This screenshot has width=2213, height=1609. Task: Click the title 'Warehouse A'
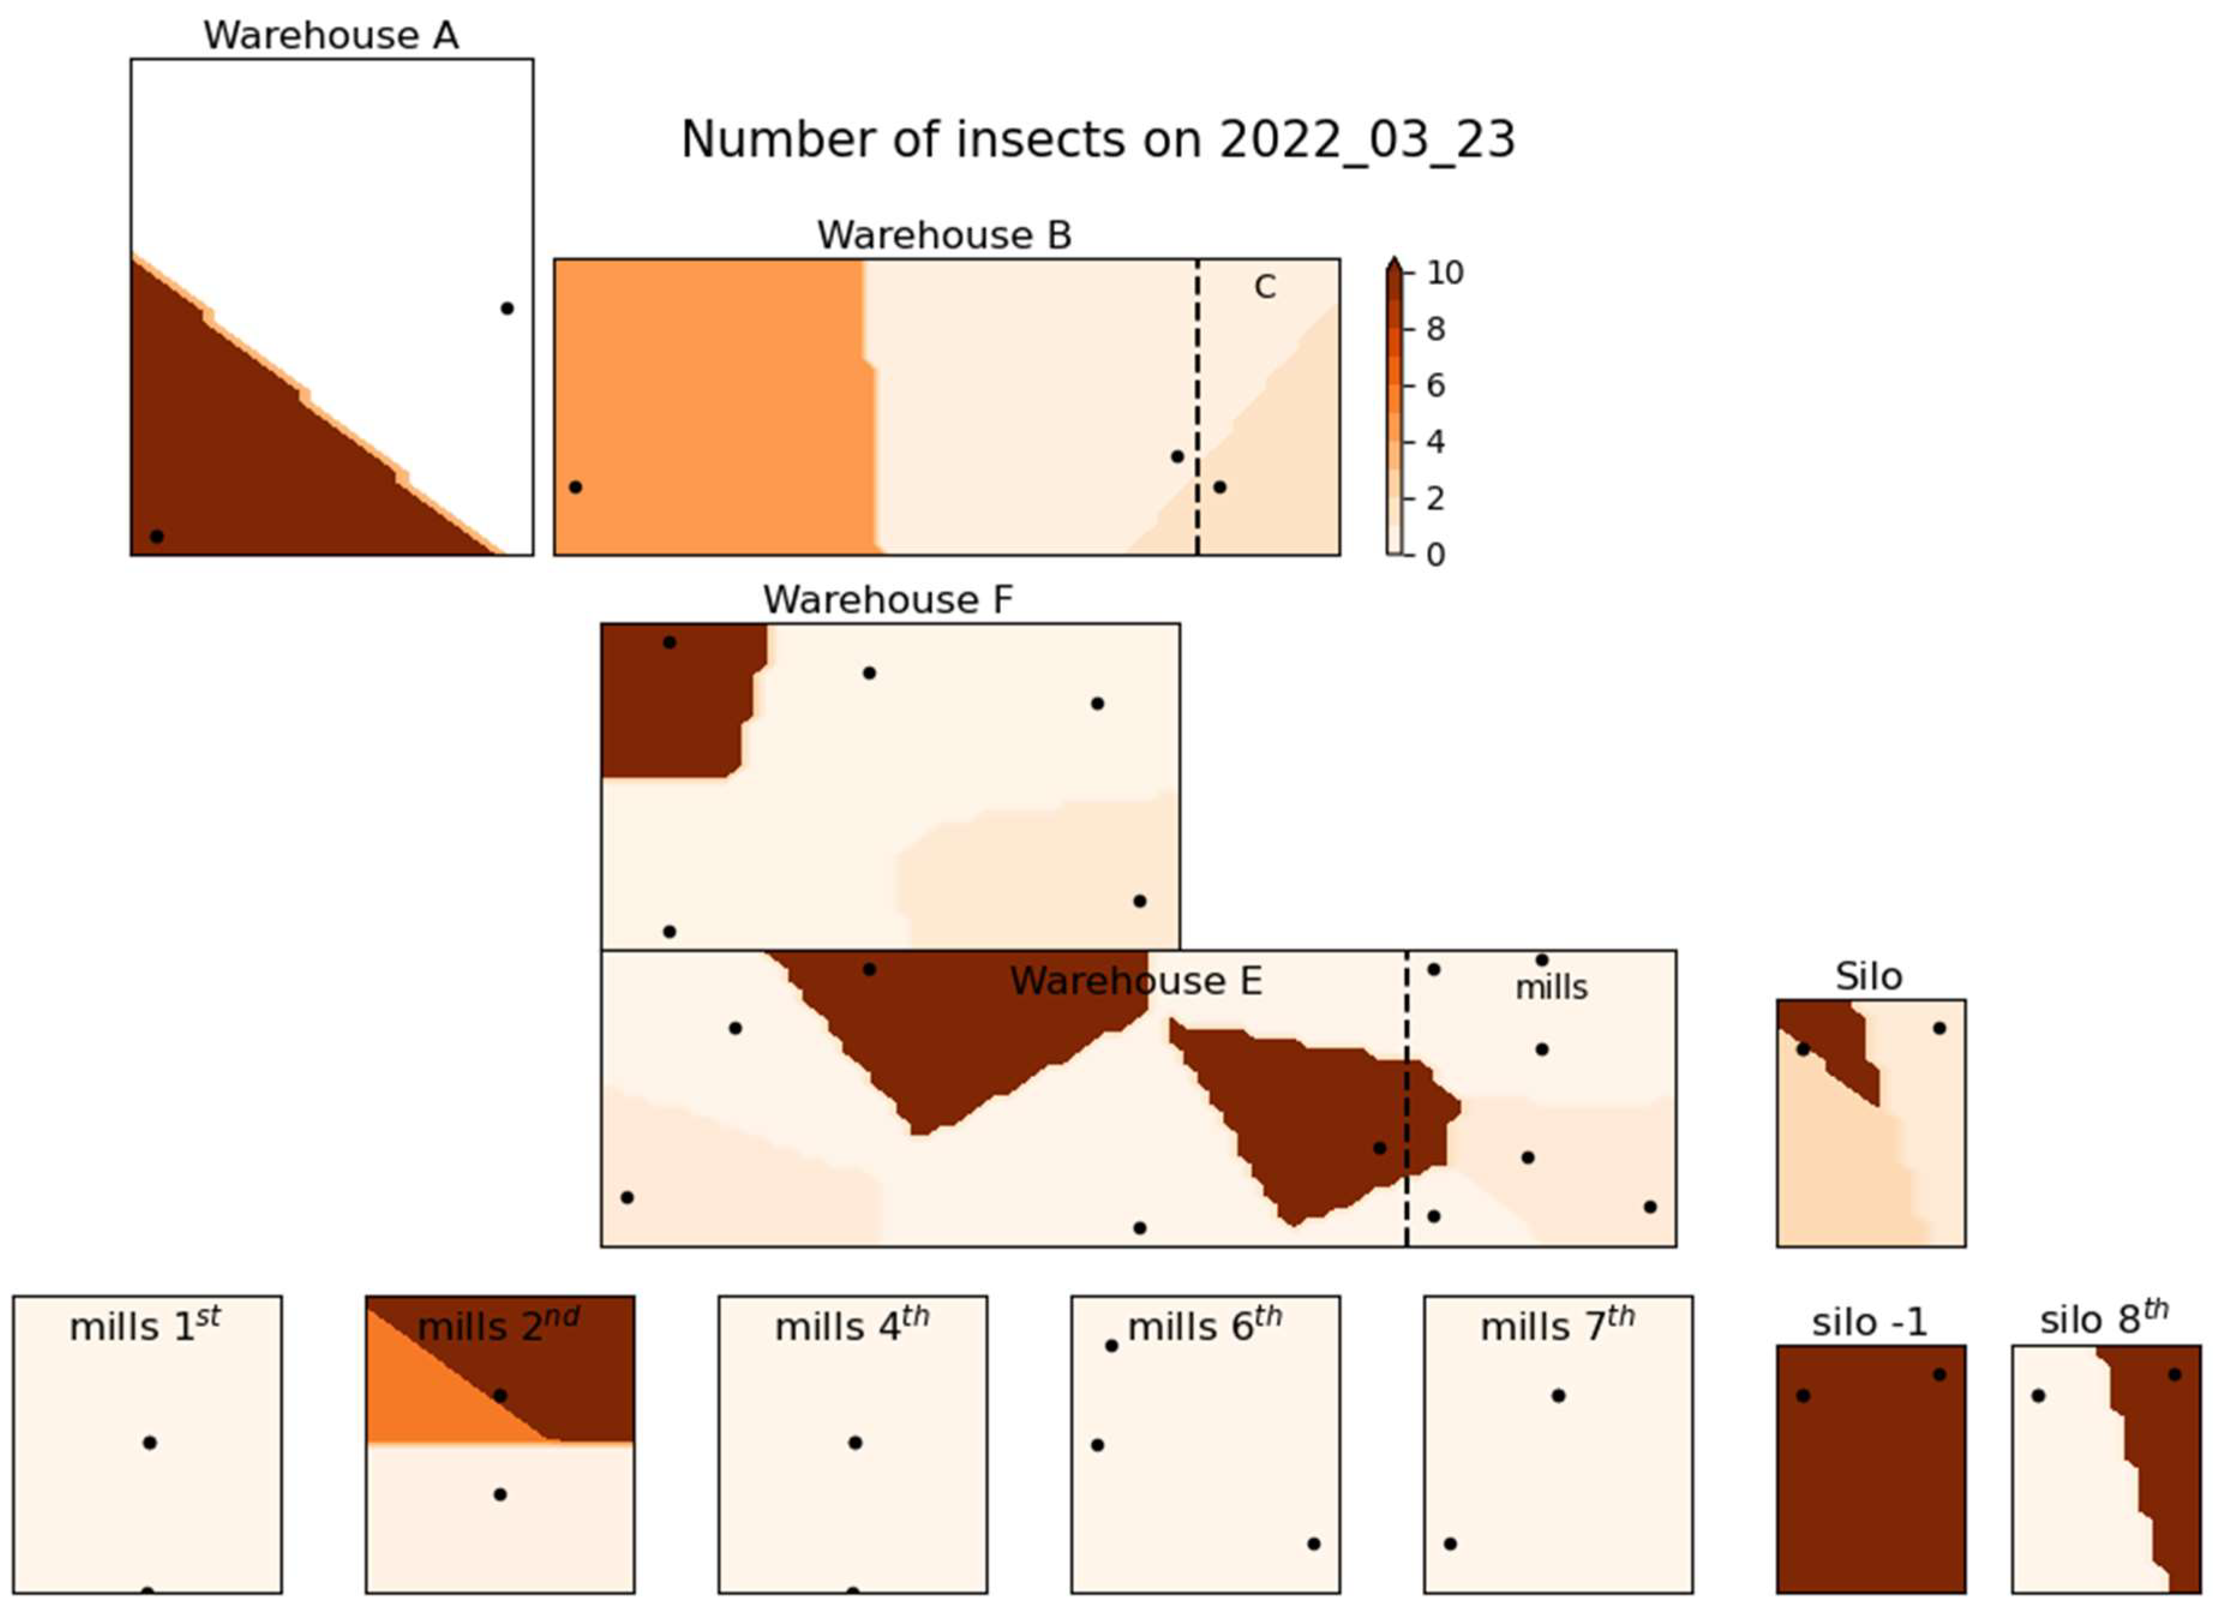point(330,36)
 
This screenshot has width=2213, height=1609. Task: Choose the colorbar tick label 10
point(1444,273)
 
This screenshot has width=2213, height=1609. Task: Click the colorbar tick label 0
point(1435,554)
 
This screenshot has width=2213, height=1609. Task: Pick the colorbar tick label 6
point(1435,385)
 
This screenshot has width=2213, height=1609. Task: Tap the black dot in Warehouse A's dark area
point(156,536)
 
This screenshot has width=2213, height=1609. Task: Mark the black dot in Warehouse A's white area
point(506,308)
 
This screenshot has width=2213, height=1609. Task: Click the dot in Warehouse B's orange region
point(575,487)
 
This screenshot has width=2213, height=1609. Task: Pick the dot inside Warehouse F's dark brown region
point(670,642)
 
